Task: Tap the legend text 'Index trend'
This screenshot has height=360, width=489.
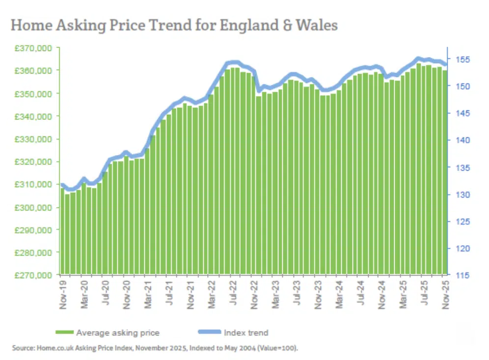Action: tap(246, 333)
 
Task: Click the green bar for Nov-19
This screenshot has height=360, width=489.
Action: tap(62, 231)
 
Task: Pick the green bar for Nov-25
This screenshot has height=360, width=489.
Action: tap(445, 172)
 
